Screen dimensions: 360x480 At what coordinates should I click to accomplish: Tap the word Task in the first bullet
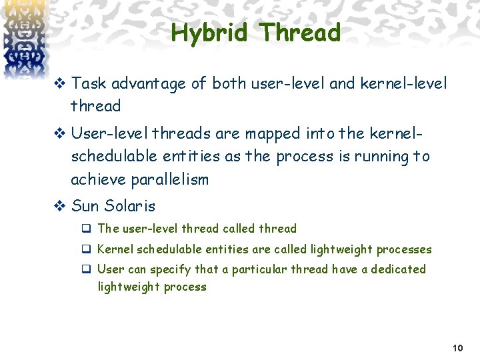point(89,83)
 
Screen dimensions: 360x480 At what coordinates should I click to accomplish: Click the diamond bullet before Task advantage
point(59,84)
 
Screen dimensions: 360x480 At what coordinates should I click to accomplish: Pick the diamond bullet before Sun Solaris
point(59,206)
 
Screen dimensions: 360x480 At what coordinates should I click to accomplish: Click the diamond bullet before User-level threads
point(59,134)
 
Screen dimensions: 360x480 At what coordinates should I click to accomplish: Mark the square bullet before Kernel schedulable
point(87,249)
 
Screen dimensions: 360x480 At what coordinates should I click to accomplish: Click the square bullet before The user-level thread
point(87,229)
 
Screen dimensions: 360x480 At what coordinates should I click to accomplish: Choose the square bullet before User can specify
point(87,269)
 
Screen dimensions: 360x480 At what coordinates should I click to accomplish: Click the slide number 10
point(457,348)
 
